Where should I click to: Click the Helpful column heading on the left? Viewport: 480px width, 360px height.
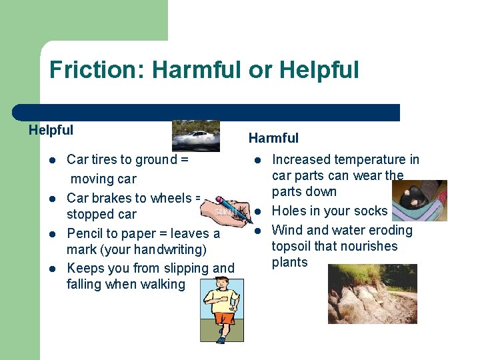[x=51, y=131]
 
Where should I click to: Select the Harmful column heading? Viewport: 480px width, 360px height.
[x=273, y=138]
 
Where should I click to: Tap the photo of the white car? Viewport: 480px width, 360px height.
[x=195, y=136]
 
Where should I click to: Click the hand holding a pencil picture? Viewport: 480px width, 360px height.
[x=223, y=211]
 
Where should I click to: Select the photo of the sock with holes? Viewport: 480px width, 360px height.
[x=419, y=200]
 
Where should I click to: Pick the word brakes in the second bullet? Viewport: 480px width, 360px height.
[x=111, y=198]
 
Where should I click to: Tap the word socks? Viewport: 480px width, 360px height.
[x=371, y=211]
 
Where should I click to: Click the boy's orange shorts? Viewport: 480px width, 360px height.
[x=223, y=318]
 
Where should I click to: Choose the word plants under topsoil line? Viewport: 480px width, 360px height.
[x=290, y=262]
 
